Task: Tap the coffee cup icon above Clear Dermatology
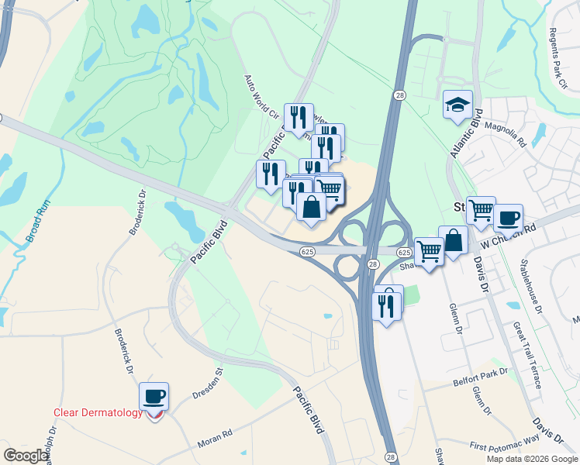click(154, 397)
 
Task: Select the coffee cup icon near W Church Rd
click(508, 218)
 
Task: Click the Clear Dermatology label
click(98, 412)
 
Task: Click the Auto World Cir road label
click(261, 96)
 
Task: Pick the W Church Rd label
click(509, 234)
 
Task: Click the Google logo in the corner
click(26, 456)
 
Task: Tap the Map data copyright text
click(531, 459)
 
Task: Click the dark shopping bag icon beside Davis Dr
click(453, 241)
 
